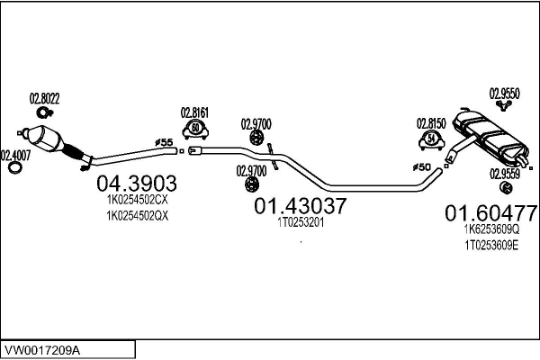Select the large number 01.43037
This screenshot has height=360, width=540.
click(x=300, y=207)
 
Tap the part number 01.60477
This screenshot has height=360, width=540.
click(x=490, y=214)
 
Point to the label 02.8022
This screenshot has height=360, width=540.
click(x=45, y=97)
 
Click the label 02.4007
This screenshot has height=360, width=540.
click(x=15, y=154)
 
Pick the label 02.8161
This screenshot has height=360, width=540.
click(x=194, y=112)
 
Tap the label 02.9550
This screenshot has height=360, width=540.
click(x=504, y=92)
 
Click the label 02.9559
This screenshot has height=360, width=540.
click(x=505, y=173)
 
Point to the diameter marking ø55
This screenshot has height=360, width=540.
click(x=165, y=142)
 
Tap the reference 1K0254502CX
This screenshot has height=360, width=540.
click(x=138, y=202)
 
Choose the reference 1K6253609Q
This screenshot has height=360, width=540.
click(x=490, y=230)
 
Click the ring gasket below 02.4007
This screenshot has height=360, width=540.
click(x=14, y=169)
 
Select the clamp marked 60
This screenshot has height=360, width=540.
click(x=195, y=130)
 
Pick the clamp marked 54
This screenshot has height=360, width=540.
click(x=431, y=139)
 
